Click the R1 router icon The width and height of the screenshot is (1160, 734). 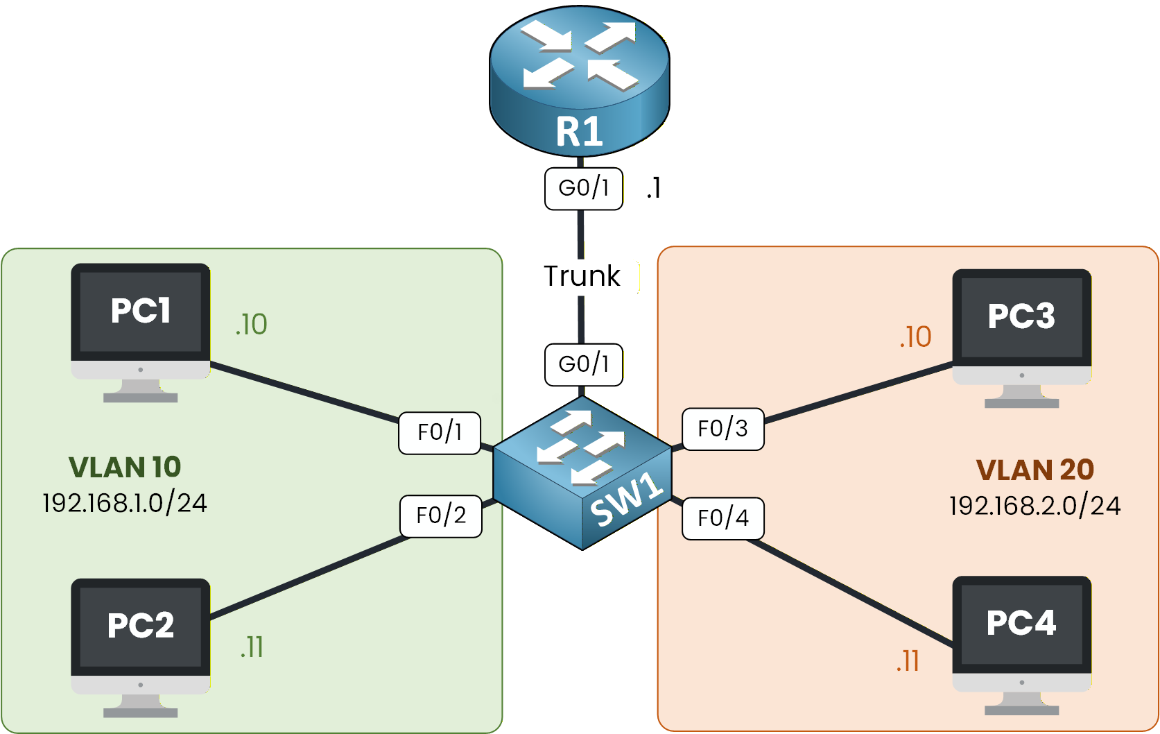[579, 80]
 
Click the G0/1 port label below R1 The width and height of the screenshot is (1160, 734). [583, 188]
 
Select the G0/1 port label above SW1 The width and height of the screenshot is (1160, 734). [583, 364]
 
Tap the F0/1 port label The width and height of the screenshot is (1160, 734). [440, 433]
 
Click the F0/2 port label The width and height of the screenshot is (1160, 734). [441, 515]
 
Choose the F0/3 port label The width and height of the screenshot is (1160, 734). [722, 429]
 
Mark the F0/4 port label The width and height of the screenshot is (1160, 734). [722, 518]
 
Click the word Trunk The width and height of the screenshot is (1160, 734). [582, 276]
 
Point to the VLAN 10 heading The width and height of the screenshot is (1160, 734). [125, 467]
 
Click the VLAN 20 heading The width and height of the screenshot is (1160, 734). [1035, 470]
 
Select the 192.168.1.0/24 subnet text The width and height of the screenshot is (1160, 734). [125, 503]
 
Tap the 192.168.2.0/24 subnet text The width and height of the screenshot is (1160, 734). [1035, 506]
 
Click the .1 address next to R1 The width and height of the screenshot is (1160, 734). [653, 188]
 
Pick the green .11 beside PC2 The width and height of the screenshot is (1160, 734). [252, 647]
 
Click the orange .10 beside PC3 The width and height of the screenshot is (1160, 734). [915, 337]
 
